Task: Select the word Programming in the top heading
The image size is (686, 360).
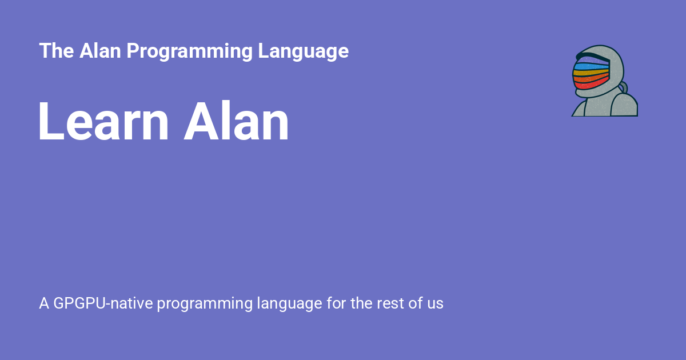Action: tap(189, 51)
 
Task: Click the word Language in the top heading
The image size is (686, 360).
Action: tap(303, 51)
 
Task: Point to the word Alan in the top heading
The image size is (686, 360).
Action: tap(99, 51)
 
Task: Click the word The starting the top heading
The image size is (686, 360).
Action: tap(56, 51)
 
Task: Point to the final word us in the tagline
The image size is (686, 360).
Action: tap(434, 304)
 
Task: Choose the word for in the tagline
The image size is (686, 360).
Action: tap(337, 303)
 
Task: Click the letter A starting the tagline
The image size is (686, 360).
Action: tap(44, 303)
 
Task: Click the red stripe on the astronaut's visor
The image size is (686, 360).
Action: tap(589, 85)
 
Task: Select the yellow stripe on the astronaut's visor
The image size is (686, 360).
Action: tap(589, 73)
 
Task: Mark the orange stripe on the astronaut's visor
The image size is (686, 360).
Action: tap(589, 79)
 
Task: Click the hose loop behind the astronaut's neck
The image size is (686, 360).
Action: tap(623, 87)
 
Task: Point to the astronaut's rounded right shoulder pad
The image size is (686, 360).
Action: tap(624, 106)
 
